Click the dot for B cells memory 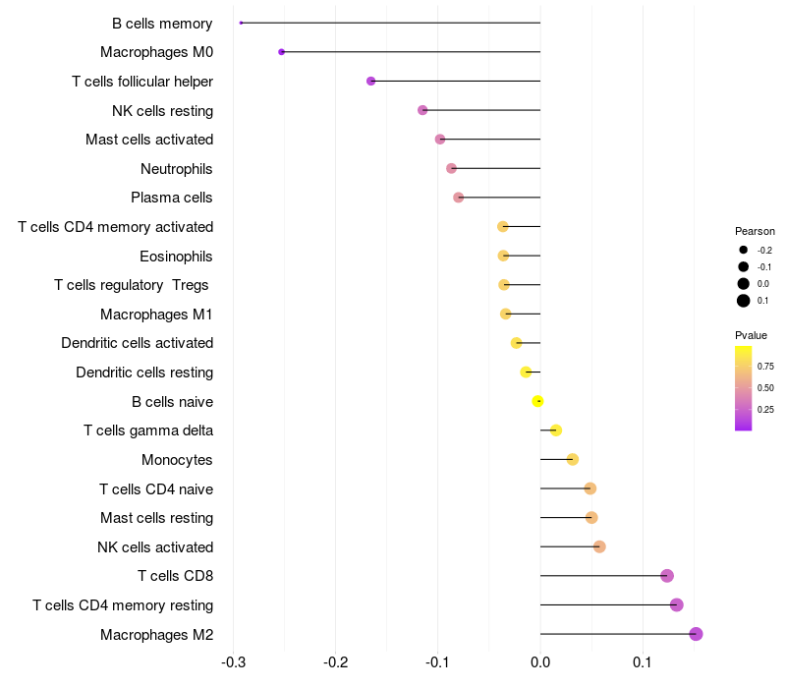tap(241, 23)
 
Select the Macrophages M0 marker tap(281, 52)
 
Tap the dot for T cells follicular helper tap(371, 82)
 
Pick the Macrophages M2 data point tap(696, 634)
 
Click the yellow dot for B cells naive tap(537, 401)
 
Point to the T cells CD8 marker tap(667, 576)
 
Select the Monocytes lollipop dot tap(573, 459)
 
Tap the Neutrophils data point tap(451, 168)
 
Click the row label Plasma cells tap(171, 198)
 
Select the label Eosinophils tap(176, 257)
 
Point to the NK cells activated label tap(155, 547)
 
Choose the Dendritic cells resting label tap(144, 373)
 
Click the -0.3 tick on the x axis tap(233, 662)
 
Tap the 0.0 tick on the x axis tap(539, 662)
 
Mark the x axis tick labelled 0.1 tap(643, 662)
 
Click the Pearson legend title tap(755, 231)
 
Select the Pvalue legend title tap(751, 335)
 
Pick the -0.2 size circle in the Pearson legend tap(744, 250)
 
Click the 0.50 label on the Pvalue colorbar tap(765, 388)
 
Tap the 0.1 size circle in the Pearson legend tap(744, 301)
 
